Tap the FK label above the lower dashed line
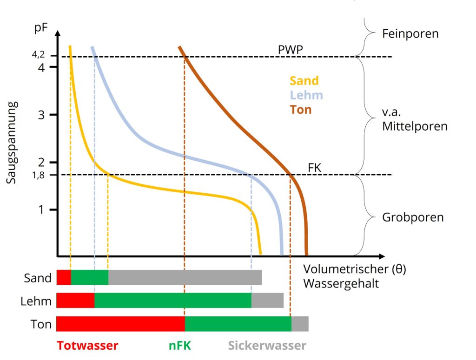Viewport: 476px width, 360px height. [315, 168]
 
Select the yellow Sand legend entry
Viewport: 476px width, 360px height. [304, 80]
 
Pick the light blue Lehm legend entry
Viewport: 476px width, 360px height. [306, 95]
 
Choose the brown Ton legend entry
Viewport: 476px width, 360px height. [300, 110]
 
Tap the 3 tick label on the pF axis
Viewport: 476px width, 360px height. [41, 115]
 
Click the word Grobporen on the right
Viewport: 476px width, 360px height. [412, 217]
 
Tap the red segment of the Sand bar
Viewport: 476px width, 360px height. [64, 277]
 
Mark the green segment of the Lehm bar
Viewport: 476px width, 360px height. [172, 300]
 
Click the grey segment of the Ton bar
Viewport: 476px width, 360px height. [299, 323]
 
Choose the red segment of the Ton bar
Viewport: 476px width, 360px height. [120, 323]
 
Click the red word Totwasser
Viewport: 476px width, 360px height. [87, 346]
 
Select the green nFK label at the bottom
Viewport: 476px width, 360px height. [179, 346]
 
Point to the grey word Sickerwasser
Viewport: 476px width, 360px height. [267, 346]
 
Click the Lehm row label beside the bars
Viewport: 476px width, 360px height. [36, 301]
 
